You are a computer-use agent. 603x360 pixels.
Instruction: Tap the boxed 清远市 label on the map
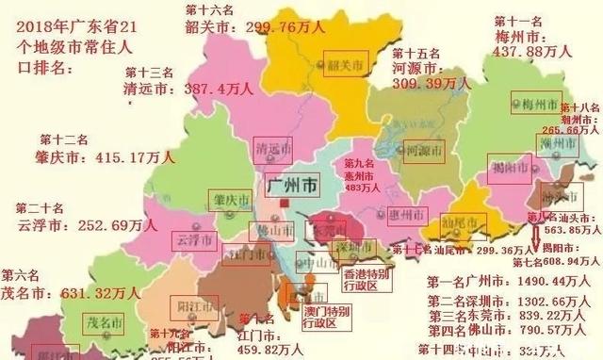(x=272, y=150)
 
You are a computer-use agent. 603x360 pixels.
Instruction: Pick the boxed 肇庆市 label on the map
(x=231, y=202)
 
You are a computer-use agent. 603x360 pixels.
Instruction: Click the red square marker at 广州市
(x=284, y=201)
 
